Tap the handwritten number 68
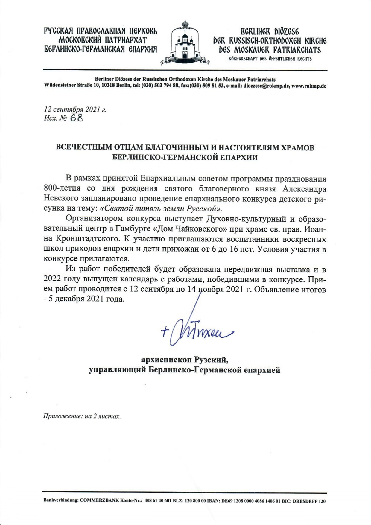pos(76,118)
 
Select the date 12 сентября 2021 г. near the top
pos(75,109)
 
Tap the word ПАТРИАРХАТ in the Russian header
pos(122,40)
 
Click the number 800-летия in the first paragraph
pos(62,189)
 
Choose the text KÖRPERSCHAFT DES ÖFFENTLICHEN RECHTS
pos(270,59)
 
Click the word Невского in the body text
pos(61,198)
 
